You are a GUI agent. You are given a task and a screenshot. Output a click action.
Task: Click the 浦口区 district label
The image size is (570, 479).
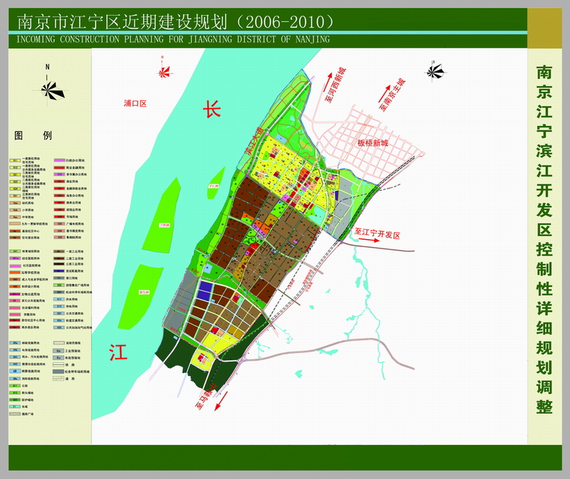[x=134, y=104]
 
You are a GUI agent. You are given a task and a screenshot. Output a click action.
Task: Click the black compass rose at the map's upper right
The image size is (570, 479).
[x=434, y=70]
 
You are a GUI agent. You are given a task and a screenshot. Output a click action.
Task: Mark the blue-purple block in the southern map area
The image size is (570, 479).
[x=205, y=289]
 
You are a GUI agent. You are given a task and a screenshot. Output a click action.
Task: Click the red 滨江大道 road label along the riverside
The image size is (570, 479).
[x=252, y=141]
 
